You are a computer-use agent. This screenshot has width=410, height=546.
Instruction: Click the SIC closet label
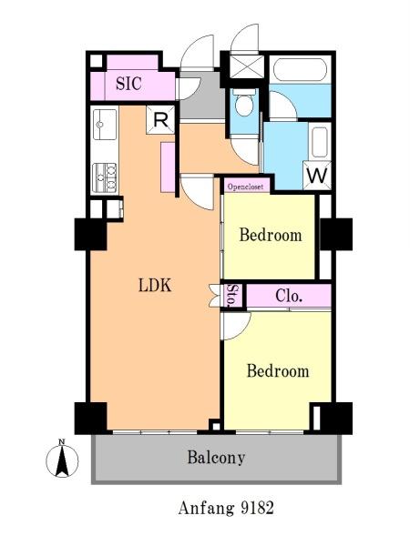point(128,84)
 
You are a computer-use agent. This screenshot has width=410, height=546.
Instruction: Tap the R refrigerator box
point(160,120)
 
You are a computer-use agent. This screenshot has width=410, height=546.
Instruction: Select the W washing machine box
point(317,175)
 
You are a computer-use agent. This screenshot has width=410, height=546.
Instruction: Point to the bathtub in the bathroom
point(300,70)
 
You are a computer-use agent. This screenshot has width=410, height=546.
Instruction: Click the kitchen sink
point(104,125)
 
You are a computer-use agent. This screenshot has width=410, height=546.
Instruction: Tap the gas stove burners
point(104,177)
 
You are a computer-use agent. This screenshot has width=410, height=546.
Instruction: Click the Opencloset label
point(245,187)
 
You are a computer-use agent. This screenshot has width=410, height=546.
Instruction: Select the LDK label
point(155,286)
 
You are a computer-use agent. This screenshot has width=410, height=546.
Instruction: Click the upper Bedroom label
point(271,235)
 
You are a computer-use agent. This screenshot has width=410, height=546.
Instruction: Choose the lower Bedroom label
point(278,370)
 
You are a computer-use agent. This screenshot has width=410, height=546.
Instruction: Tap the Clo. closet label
point(289,296)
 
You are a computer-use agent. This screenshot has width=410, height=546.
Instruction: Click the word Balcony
point(216,457)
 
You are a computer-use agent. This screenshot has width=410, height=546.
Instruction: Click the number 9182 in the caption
point(257,508)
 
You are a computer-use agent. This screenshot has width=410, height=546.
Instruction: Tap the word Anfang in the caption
point(207,509)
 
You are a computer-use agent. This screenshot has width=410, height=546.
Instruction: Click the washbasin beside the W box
point(320,143)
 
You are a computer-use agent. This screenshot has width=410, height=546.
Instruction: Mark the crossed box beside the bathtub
point(247,66)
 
